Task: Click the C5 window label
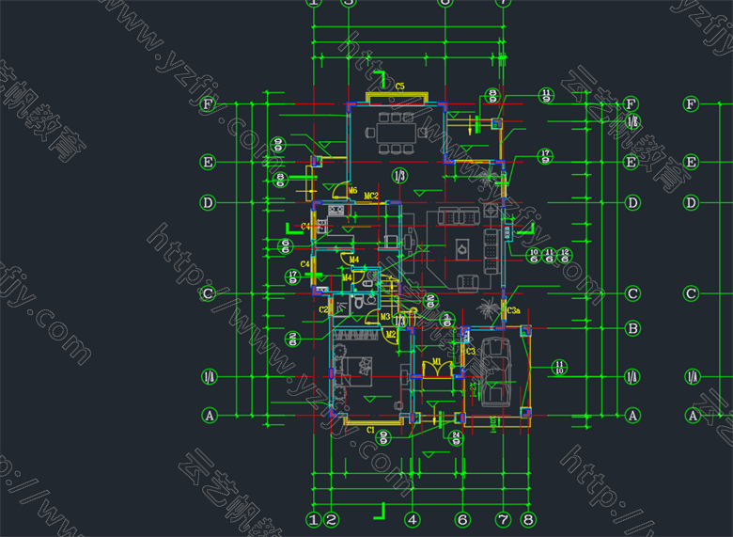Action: click(399, 87)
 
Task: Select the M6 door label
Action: click(353, 191)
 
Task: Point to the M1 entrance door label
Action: click(437, 361)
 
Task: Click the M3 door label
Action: click(385, 317)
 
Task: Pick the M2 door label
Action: click(390, 334)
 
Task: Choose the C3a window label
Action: click(513, 310)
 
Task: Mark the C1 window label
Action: click(370, 430)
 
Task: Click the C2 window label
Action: click(323, 309)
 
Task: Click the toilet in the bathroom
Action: click(359, 304)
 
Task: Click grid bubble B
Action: click(633, 328)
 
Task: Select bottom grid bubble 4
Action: click(412, 518)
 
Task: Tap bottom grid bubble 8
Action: click(528, 518)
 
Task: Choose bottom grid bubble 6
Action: click(462, 518)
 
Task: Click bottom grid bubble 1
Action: click(314, 518)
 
